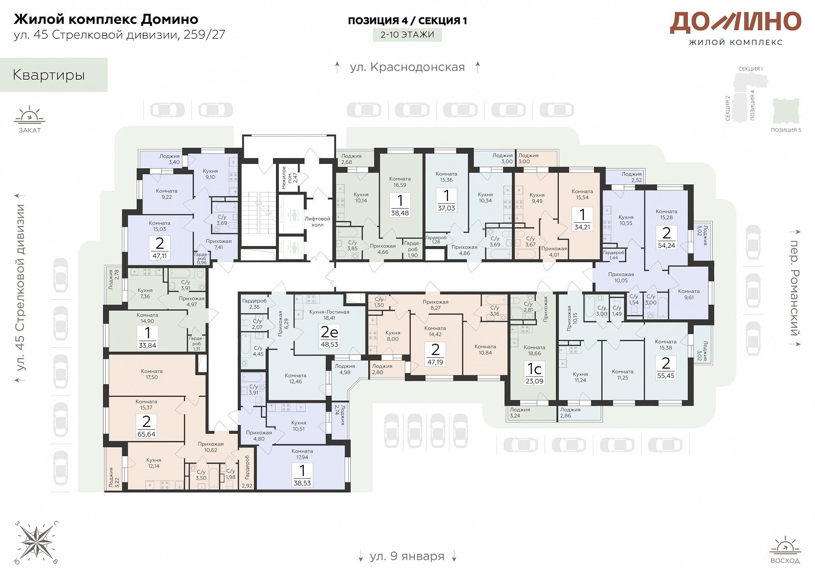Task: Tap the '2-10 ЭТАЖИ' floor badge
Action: (x=407, y=35)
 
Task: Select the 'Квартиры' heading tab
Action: (x=49, y=75)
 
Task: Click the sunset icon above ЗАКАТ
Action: (x=29, y=114)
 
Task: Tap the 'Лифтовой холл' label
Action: (x=317, y=222)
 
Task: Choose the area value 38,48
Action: (x=400, y=213)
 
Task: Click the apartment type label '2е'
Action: (x=329, y=332)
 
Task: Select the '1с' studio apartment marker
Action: (x=534, y=369)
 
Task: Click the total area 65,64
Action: (x=146, y=434)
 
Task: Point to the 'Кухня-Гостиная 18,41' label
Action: (x=329, y=315)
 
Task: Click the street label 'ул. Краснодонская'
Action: (x=407, y=67)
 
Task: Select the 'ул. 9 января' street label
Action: (x=407, y=556)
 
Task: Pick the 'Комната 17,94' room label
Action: (x=302, y=454)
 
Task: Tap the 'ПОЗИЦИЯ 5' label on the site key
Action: (x=786, y=130)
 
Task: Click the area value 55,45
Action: (x=665, y=375)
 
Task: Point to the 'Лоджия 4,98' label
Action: (x=345, y=369)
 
